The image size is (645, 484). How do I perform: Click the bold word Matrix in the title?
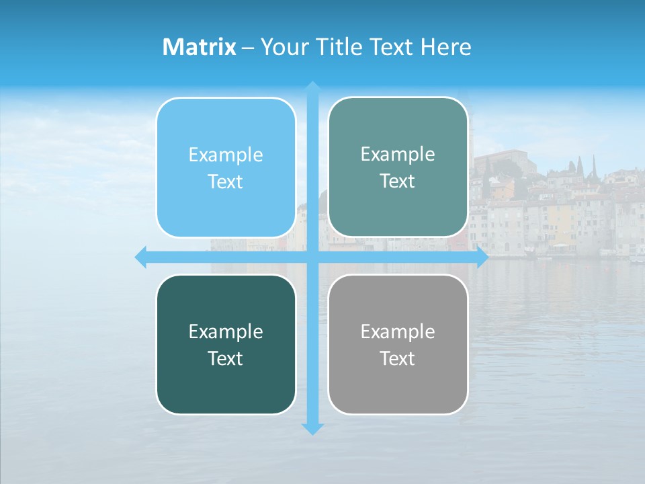199,47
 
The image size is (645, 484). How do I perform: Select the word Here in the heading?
446,47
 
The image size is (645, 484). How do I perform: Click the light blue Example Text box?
226,167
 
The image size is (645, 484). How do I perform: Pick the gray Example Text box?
398,344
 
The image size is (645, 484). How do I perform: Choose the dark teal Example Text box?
226,344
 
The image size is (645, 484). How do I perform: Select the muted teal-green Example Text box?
398,167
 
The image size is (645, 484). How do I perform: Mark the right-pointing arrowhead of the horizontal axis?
482,257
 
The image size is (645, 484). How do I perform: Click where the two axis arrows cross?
312,257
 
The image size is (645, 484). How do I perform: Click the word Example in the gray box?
398,331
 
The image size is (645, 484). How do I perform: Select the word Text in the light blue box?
225,182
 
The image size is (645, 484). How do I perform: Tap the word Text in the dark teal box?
225,358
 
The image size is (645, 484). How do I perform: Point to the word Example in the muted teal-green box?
398,155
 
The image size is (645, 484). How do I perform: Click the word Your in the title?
282,47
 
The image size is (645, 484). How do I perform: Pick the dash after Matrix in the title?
248,48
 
